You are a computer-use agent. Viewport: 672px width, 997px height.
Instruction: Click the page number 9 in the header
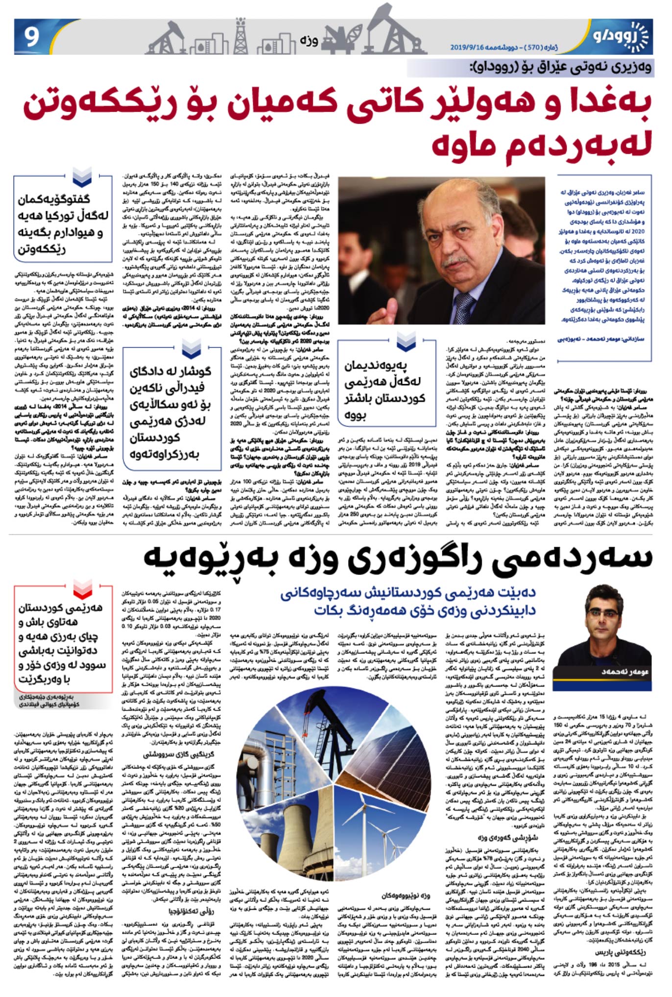pyautogui.click(x=32, y=37)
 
